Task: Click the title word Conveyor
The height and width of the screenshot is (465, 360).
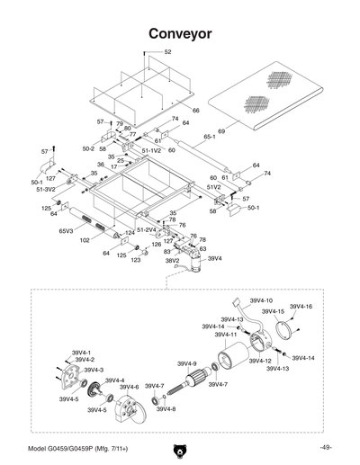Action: [x=180, y=33]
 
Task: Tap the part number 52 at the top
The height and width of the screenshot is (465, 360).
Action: [x=167, y=52]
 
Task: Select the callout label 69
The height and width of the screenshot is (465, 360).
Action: [x=220, y=131]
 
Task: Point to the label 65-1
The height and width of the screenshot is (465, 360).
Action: [x=209, y=138]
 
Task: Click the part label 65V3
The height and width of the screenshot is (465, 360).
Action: [x=66, y=231]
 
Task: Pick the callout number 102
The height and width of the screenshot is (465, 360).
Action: [x=84, y=240]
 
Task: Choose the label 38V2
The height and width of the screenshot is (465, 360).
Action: [x=172, y=261]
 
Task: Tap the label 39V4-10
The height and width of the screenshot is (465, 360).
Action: [x=261, y=300]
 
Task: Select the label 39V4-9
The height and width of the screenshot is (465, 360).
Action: [x=188, y=362]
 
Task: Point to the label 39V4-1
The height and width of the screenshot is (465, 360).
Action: [x=82, y=352]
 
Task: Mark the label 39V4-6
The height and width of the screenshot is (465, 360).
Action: [x=129, y=387]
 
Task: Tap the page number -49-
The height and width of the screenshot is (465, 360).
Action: [x=325, y=448]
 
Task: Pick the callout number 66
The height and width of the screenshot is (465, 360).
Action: [x=195, y=110]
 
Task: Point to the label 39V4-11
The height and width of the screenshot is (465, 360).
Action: [x=223, y=334]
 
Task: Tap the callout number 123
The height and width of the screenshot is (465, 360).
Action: [x=136, y=260]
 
